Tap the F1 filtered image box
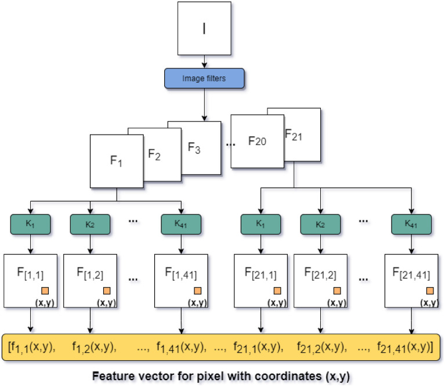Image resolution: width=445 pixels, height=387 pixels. point(117,161)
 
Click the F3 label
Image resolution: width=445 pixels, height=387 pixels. point(194,147)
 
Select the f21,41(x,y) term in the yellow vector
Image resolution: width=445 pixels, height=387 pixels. point(403,347)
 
